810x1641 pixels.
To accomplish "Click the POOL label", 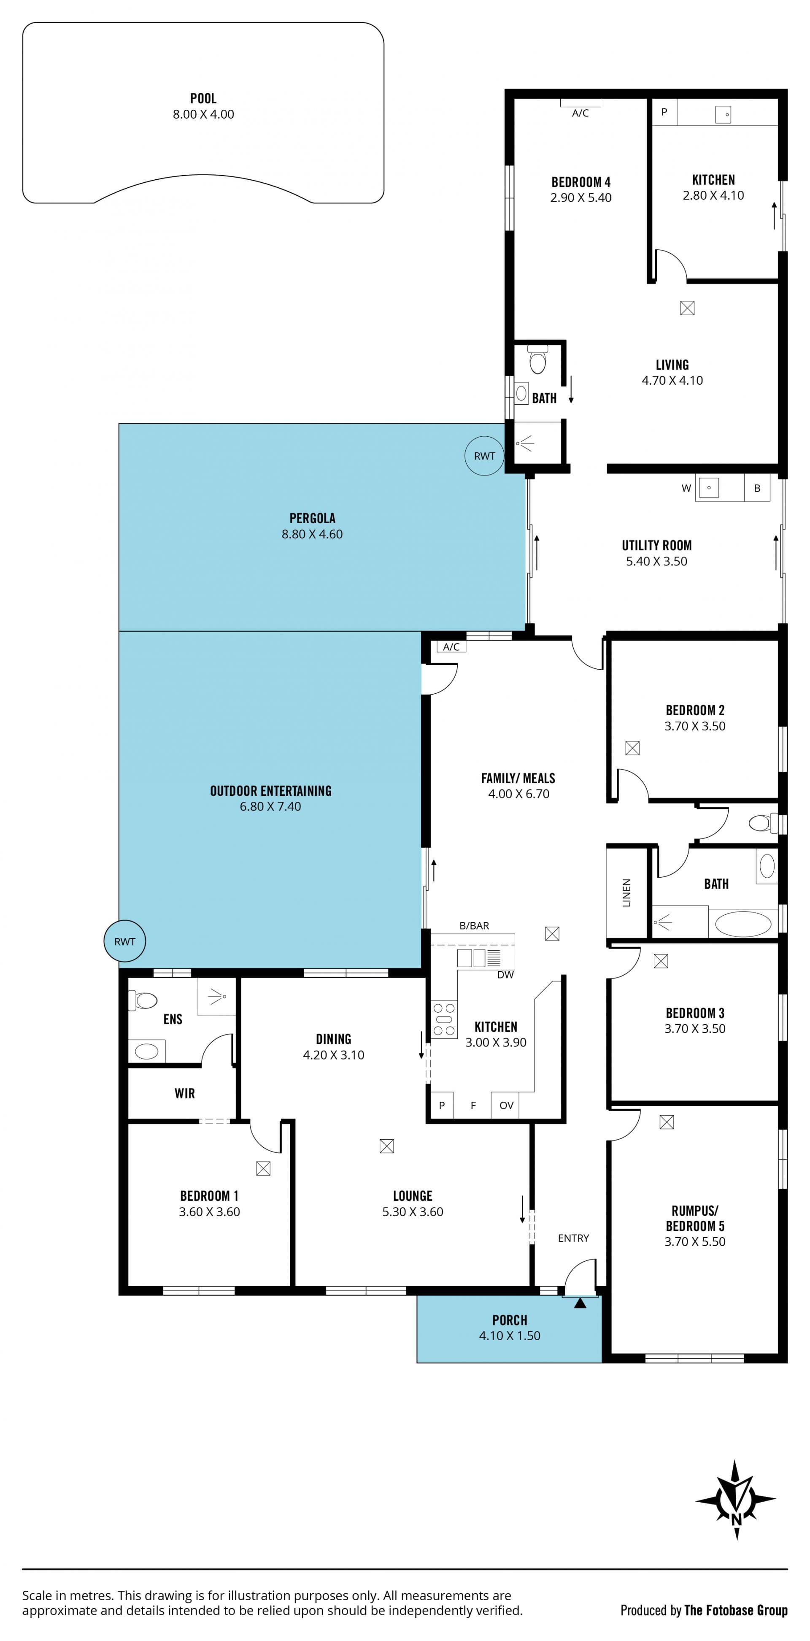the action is pos(203,98).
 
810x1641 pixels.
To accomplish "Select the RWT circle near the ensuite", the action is pos(125,941).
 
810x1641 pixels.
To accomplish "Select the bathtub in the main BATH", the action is pos(743,924).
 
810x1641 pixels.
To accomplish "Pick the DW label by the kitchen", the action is pos(505,975).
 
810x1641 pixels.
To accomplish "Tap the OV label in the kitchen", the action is pos(506,1105).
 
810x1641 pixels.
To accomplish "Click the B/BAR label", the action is pos(475,926).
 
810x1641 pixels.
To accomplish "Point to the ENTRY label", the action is pos(573,1238).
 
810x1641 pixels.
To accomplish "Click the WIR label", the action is pos(185,1093).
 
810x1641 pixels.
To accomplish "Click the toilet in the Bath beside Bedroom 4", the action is pos(538,360).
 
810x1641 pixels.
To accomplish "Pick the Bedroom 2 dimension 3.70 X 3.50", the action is pos(695,726).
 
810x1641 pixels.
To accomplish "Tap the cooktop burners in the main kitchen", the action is pos(444,1019).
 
